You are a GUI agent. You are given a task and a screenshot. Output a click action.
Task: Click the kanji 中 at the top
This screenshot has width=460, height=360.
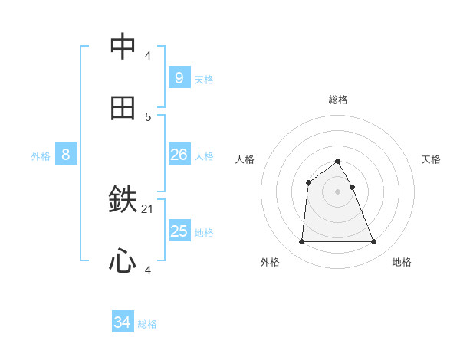coord(123,47)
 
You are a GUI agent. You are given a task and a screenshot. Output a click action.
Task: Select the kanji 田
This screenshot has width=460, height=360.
coord(123,108)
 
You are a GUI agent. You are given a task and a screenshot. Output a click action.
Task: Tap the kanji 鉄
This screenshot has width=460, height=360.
coord(123,201)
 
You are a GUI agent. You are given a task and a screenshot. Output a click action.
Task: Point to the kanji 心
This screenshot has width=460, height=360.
coord(123,261)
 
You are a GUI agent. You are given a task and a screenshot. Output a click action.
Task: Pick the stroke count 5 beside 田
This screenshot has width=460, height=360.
coord(148,116)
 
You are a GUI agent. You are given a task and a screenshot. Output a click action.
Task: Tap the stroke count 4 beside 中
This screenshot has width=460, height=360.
coord(148,55)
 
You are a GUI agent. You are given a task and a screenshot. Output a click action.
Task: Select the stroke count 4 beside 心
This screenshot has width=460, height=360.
coord(148,270)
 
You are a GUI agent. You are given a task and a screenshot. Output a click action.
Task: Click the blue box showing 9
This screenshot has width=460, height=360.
coord(179,77)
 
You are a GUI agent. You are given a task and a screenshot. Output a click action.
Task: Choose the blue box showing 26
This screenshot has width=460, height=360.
coord(179,155)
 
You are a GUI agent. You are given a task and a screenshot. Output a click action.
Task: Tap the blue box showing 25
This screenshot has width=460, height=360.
coord(179,231)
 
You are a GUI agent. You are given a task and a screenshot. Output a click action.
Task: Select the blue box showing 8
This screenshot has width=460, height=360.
coord(66,155)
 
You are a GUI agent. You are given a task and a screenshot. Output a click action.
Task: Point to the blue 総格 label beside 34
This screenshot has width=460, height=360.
coord(147,324)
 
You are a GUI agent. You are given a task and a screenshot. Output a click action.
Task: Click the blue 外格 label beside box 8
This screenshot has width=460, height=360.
coord(41,155)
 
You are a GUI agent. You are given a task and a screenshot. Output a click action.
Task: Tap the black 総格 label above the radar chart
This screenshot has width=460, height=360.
coord(338,100)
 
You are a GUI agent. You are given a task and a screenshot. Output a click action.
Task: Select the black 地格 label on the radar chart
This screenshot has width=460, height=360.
coord(402,262)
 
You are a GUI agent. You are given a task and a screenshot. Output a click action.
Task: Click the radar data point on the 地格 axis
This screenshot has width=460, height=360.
coord(374,242)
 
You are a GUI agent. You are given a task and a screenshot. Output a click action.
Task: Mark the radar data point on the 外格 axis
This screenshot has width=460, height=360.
coord(301,242)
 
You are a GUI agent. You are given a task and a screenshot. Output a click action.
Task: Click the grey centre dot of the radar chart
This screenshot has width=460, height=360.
coord(338,191)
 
